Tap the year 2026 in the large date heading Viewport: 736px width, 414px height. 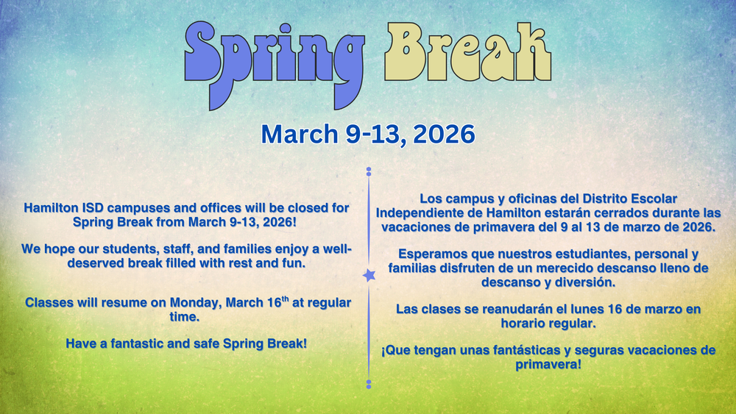pos(443,134)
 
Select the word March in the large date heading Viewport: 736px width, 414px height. pos(293,134)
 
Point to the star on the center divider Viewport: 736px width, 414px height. pos(368,275)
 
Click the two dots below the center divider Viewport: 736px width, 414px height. pos(368,383)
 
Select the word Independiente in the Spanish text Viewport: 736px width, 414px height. pos(420,213)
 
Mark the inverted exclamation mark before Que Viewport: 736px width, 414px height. pos(383,351)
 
